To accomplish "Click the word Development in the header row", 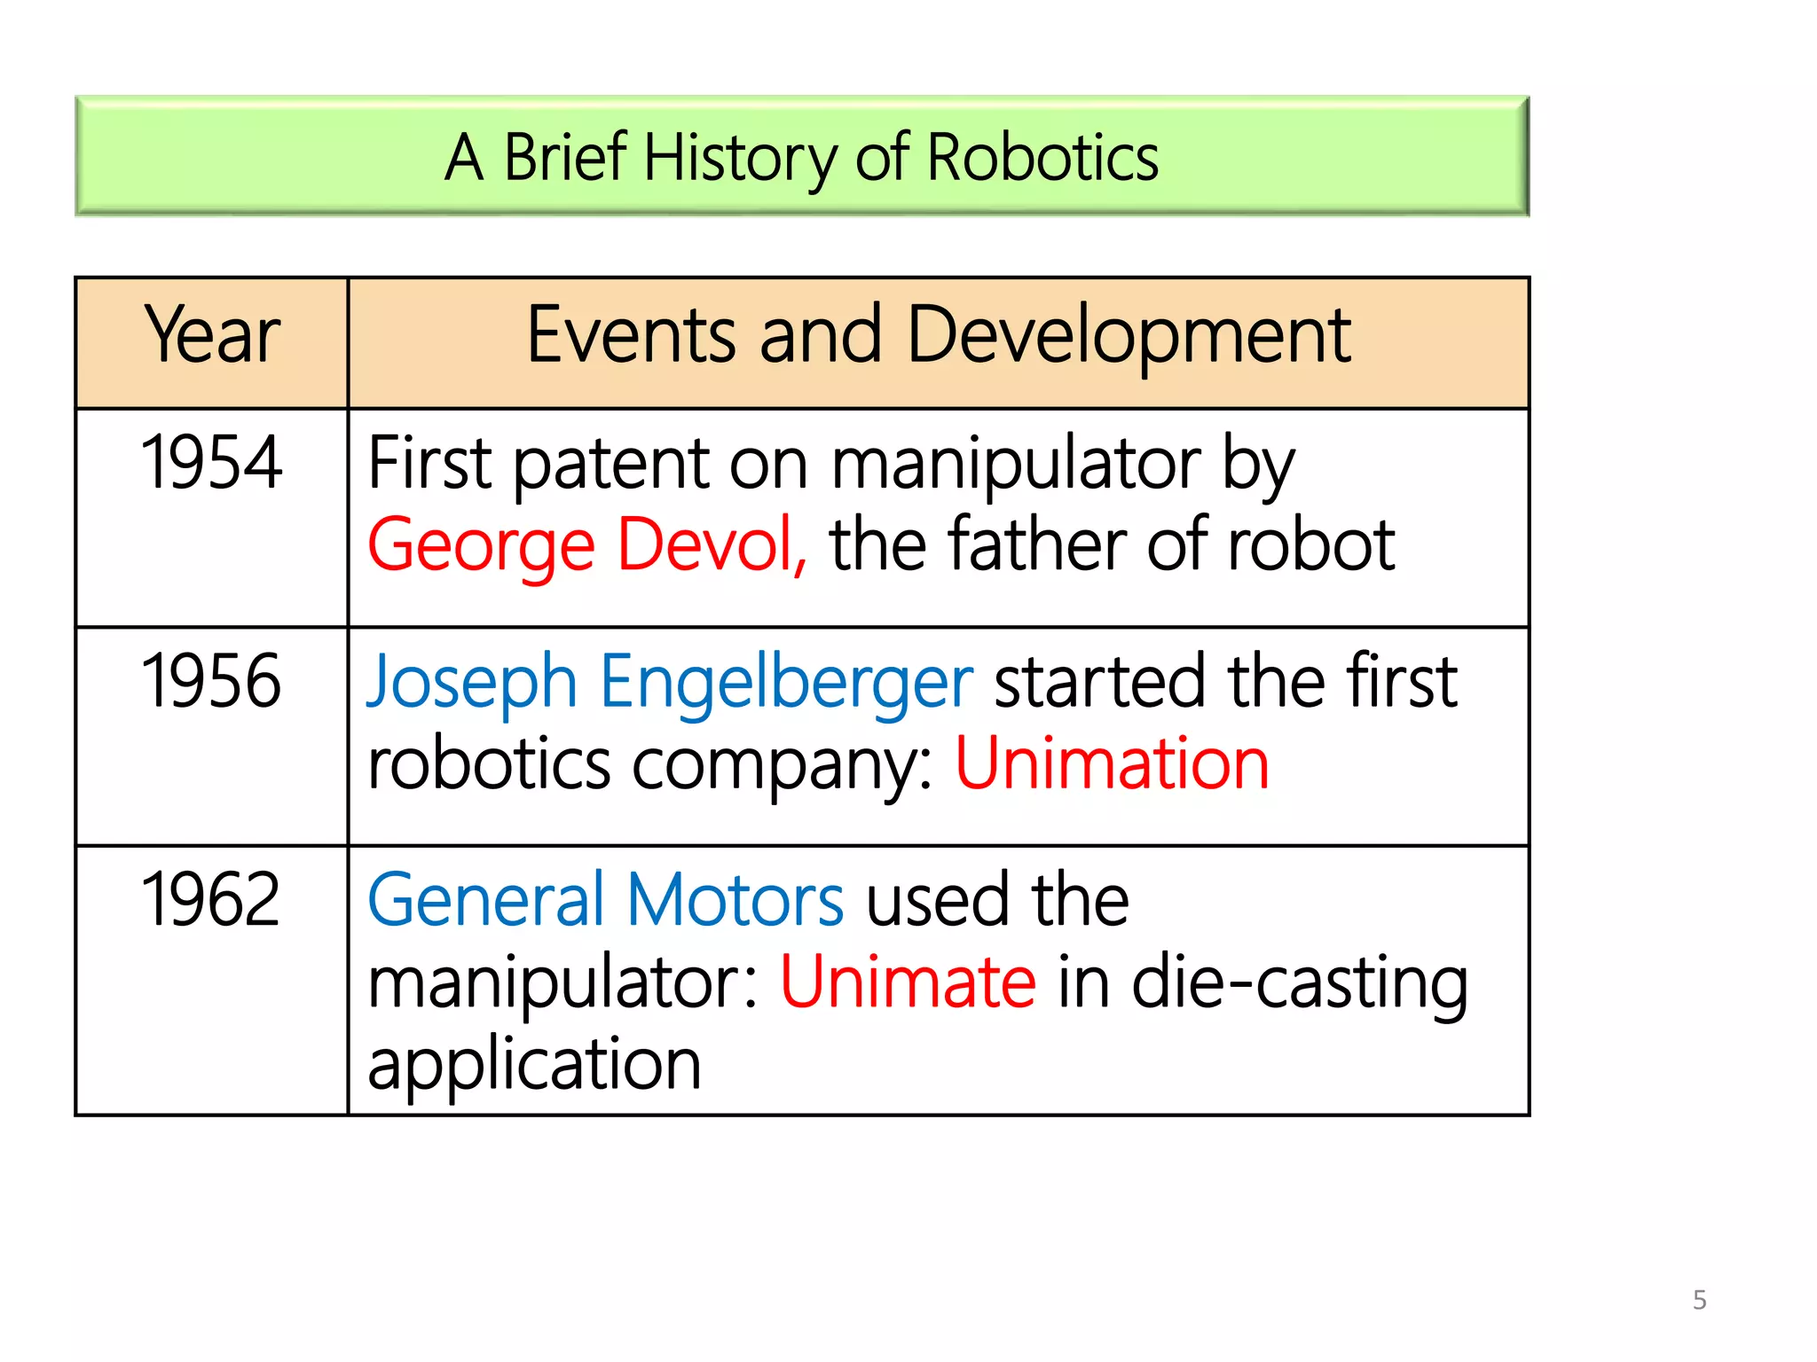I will [x=1129, y=337].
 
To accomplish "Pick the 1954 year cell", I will [x=211, y=463].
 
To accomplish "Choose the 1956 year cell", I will [x=211, y=681].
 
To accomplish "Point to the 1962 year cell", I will [x=211, y=899].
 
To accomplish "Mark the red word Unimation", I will [x=1112, y=763].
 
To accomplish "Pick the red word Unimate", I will [x=908, y=982].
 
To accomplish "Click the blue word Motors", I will [x=735, y=900].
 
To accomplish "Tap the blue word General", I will [x=486, y=900].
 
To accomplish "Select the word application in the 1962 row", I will [x=534, y=1064].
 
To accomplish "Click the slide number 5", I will [x=1699, y=1300].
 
